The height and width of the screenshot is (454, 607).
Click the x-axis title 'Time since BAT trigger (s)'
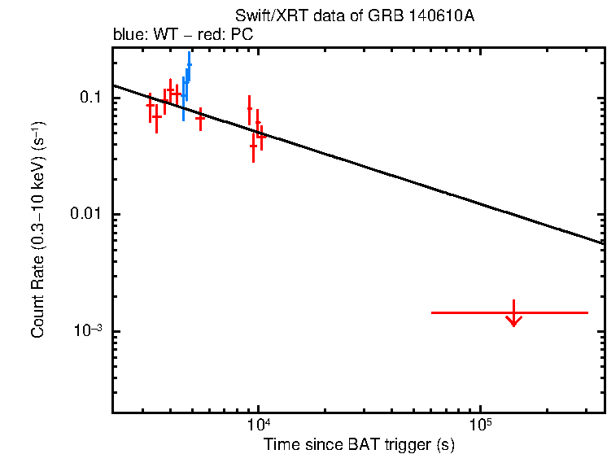click(359, 444)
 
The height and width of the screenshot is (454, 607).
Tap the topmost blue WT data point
click(189, 64)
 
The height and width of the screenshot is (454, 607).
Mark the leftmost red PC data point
click(150, 105)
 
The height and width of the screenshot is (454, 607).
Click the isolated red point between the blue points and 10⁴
click(200, 118)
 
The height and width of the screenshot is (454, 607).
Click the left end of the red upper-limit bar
click(431, 312)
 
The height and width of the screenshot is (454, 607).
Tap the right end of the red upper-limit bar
click(587, 312)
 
